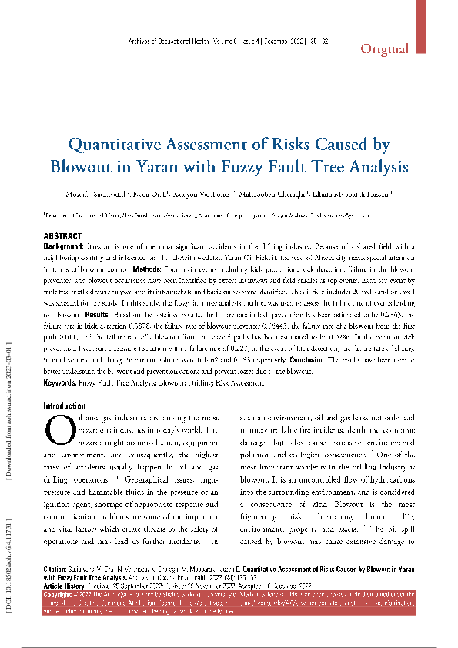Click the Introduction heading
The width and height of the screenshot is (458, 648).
[65, 405]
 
